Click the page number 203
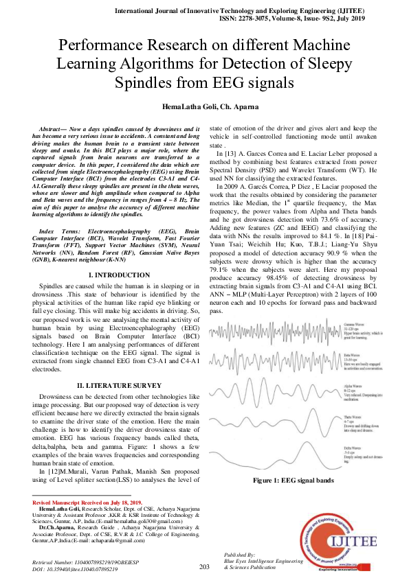204,566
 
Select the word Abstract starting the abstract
52,129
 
